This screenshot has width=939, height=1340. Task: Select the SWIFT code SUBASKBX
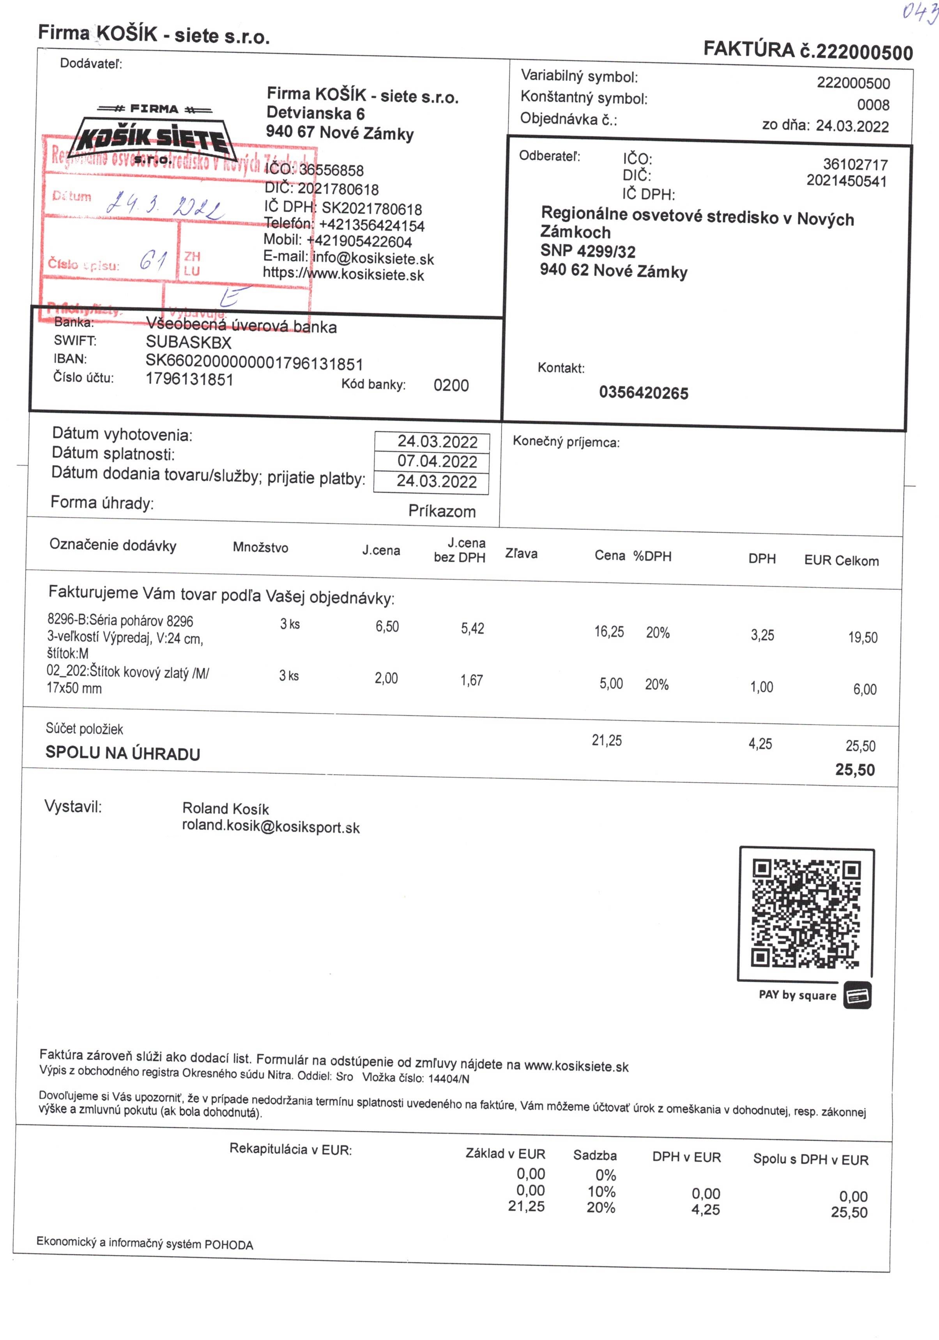pyautogui.click(x=189, y=343)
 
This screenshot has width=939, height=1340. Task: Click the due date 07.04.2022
pyautogui.click(x=437, y=461)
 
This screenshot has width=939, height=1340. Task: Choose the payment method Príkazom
pyautogui.click(x=442, y=511)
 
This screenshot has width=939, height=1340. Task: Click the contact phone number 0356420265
pyautogui.click(x=643, y=393)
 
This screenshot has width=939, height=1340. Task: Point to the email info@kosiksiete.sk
pyautogui.click(x=373, y=258)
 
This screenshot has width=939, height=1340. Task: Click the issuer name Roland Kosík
pyautogui.click(x=225, y=808)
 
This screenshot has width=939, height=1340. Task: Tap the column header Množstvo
pyautogui.click(x=260, y=547)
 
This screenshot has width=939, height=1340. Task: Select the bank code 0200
pyautogui.click(x=451, y=385)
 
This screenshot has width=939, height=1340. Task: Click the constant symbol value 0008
pyautogui.click(x=873, y=105)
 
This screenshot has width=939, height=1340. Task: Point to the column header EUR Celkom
pyautogui.click(x=841, y=561)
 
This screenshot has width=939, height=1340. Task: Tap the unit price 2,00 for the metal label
pyautogui.click(x=386, y=678)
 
